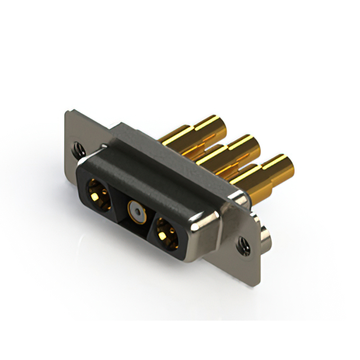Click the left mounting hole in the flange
[x=77, y=150]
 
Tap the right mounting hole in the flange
[x=242, y=244]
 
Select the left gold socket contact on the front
[x=98, y=193]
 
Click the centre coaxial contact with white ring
[x=134, y=211]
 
